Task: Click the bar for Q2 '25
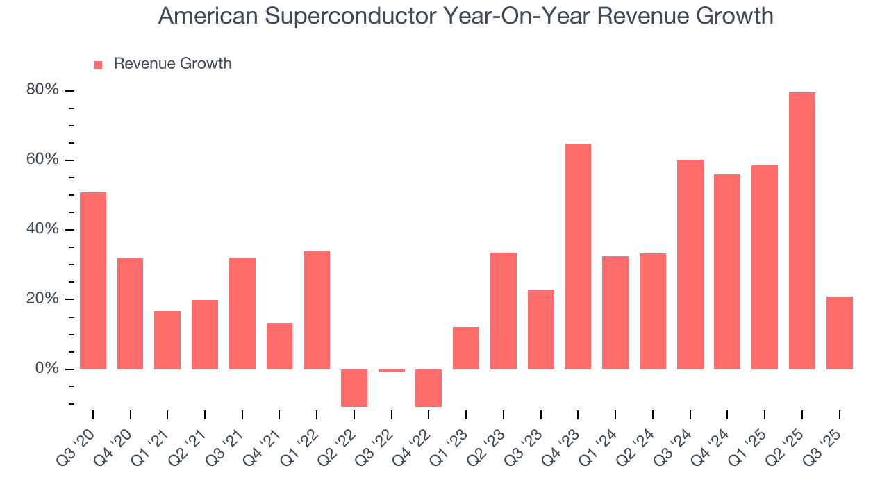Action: (802, 231)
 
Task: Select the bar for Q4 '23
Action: (578, 256)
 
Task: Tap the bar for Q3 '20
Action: (93, 281)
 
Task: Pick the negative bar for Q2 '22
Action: (354, 387)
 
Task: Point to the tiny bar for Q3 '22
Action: (392, 371)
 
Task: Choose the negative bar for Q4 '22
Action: (429, 387)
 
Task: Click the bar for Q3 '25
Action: (839, 333)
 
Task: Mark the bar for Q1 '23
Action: (466, 348)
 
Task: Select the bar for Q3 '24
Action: (690, 265)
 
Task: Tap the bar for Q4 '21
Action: (279, 346)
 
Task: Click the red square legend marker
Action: (98, 65)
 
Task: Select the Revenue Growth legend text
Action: (172, 64)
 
